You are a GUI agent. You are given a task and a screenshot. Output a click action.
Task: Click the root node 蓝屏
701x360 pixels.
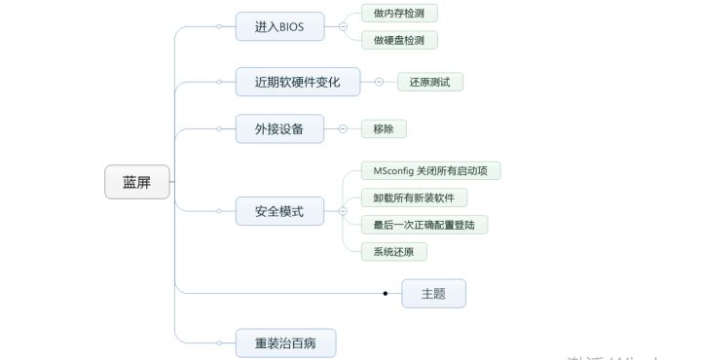pyautogui.click(x=136, y=182)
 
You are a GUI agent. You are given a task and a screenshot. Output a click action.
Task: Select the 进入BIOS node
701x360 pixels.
pyautogui.click(x=279, y=26)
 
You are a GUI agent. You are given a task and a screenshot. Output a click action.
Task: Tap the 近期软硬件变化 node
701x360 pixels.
pyautogui.click(x=298, y=82)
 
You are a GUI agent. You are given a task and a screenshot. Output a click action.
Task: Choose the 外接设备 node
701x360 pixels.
pyautogui.click(x=279, y=128)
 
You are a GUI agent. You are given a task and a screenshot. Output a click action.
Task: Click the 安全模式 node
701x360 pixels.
pyautogui.click(x=279, y=210)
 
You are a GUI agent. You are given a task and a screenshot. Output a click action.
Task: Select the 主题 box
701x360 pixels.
pyautogui.click(x=433, y=293)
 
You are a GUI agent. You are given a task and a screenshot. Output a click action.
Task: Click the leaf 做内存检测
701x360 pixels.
pyautogui.click(x=398, y=13)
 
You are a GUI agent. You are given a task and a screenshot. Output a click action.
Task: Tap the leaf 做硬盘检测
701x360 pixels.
pyautogui.click(x=398, y=40)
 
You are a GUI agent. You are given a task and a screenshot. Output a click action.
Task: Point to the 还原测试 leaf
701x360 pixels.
pyautogui.click(x=429, y=82)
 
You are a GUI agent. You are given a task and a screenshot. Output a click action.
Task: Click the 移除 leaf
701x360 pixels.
pyautogui.click(x=383, y=128)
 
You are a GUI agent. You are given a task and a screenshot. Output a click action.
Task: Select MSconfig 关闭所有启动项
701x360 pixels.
pyautogui.click(x=430, y=170)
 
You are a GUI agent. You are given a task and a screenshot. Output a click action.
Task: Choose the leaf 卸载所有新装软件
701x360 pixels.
pyautogui.click(x=413, y=198)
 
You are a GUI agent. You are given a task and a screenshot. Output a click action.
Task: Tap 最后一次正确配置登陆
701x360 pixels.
pyautogui.click(x=424, y=225)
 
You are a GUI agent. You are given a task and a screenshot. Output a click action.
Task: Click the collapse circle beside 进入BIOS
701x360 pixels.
pyautogui.click(x=343, y=26)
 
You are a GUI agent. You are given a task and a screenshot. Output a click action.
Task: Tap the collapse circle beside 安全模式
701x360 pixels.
pyautogui.click(x=343, y=210)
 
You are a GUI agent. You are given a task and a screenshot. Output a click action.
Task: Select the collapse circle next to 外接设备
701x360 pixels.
pyautogui.click(x=343, y=128)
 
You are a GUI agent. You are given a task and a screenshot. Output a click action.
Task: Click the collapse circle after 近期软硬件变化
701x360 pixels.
pyautogui.click(x=379, y=82)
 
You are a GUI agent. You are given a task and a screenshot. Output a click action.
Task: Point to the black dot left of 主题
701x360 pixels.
pyautogui.click(x=386, y=293)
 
